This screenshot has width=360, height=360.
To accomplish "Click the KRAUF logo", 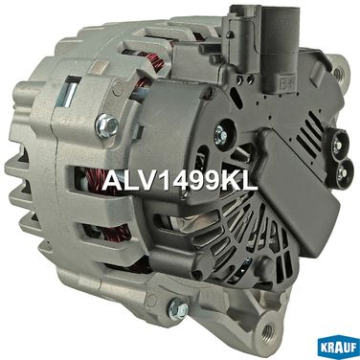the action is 337,348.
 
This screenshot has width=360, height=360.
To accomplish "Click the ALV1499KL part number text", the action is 180,181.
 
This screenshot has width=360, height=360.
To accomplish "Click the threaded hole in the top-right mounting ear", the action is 338,73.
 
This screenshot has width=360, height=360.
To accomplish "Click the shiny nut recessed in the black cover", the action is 219,133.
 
